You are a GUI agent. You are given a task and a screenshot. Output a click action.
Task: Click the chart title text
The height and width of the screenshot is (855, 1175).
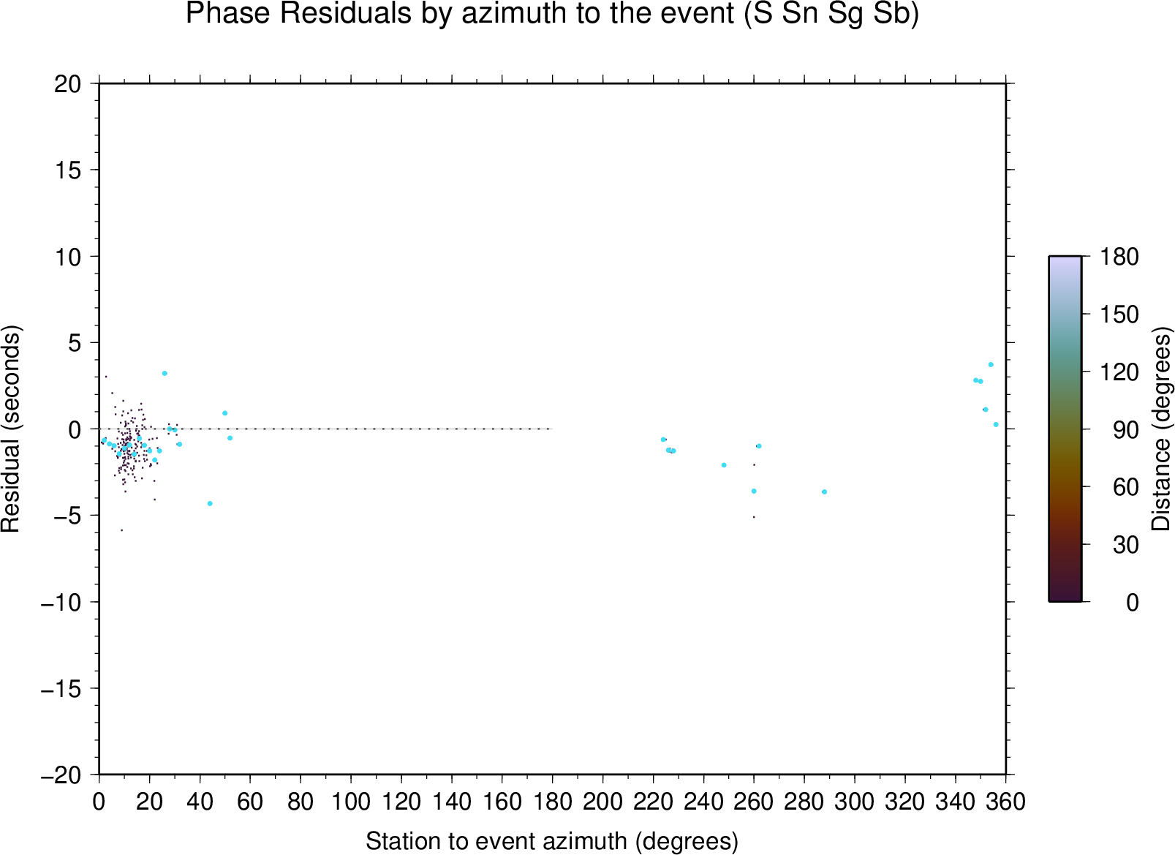[x=552, y=14]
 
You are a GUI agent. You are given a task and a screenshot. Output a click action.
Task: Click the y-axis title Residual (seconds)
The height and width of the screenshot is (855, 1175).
[x=10, y=429]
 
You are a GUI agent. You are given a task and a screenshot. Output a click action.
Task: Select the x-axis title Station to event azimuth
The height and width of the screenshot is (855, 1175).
[x=552, y=841]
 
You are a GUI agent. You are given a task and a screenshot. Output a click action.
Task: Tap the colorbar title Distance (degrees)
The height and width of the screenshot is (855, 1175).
[x=1160, y=429]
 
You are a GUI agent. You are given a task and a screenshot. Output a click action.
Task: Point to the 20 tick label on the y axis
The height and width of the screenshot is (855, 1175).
[x=68, y=84]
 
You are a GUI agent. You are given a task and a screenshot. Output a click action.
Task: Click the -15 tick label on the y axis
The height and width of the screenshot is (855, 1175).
[x=61, y=688]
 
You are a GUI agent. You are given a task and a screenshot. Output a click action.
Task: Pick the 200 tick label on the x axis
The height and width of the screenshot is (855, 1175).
[x=602, y=802]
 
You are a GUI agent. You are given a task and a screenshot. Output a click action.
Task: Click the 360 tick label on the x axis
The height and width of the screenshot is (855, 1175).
[x=1005, y=802]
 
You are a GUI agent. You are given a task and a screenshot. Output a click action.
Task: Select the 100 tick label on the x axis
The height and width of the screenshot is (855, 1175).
[x=351, y=802]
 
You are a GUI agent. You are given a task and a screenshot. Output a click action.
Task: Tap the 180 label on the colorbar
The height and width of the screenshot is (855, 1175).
[x=1119, y=257]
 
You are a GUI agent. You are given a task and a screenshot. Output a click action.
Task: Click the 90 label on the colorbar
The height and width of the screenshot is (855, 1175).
[x=1126, y=430]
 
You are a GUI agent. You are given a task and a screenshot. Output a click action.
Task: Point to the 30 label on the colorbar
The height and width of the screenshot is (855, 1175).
[x=1126, y=545]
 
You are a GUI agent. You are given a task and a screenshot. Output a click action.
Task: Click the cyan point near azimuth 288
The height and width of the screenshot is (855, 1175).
[x=824, y=491]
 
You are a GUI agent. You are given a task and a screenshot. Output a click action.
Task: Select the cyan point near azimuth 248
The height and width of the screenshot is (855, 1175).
[x=724, y=465]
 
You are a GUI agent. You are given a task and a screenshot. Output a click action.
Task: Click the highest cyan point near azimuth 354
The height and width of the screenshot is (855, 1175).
[x=991, y=365]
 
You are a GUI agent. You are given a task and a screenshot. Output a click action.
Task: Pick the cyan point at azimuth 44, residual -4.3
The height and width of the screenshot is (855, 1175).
[x=210, y=503]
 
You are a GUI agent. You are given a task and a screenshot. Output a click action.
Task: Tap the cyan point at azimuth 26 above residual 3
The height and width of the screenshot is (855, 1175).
[x=165, y=373]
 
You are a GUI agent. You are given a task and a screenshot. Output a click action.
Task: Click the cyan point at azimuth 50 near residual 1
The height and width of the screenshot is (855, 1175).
[x=225, y=413]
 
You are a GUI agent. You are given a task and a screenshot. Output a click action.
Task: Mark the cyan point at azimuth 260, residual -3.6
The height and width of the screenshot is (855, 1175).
[x=754, y=491]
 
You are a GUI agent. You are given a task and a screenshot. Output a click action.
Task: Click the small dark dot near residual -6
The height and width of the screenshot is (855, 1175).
[x=121, y=530]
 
